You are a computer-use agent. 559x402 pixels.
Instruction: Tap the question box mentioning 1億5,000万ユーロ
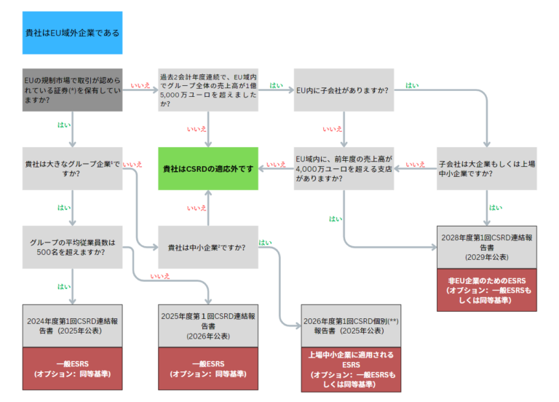click(208, 90)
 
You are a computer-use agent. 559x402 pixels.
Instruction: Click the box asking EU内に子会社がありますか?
click(344, 90)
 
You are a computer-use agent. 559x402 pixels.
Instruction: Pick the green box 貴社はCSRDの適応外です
click(208, 168)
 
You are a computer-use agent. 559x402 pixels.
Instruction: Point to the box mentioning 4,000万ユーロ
click(344, 168)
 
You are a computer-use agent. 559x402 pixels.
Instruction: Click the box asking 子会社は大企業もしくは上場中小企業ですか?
click(486, 168)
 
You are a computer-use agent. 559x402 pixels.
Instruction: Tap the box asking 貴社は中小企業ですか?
click(208, 247)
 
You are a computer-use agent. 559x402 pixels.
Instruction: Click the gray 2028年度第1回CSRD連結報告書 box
click(486, 247)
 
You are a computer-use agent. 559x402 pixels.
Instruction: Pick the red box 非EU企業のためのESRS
click(486, 290)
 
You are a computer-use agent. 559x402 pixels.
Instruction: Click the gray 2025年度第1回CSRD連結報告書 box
click(208, 326)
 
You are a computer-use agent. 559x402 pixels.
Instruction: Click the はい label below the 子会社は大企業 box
click(495, 208)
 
